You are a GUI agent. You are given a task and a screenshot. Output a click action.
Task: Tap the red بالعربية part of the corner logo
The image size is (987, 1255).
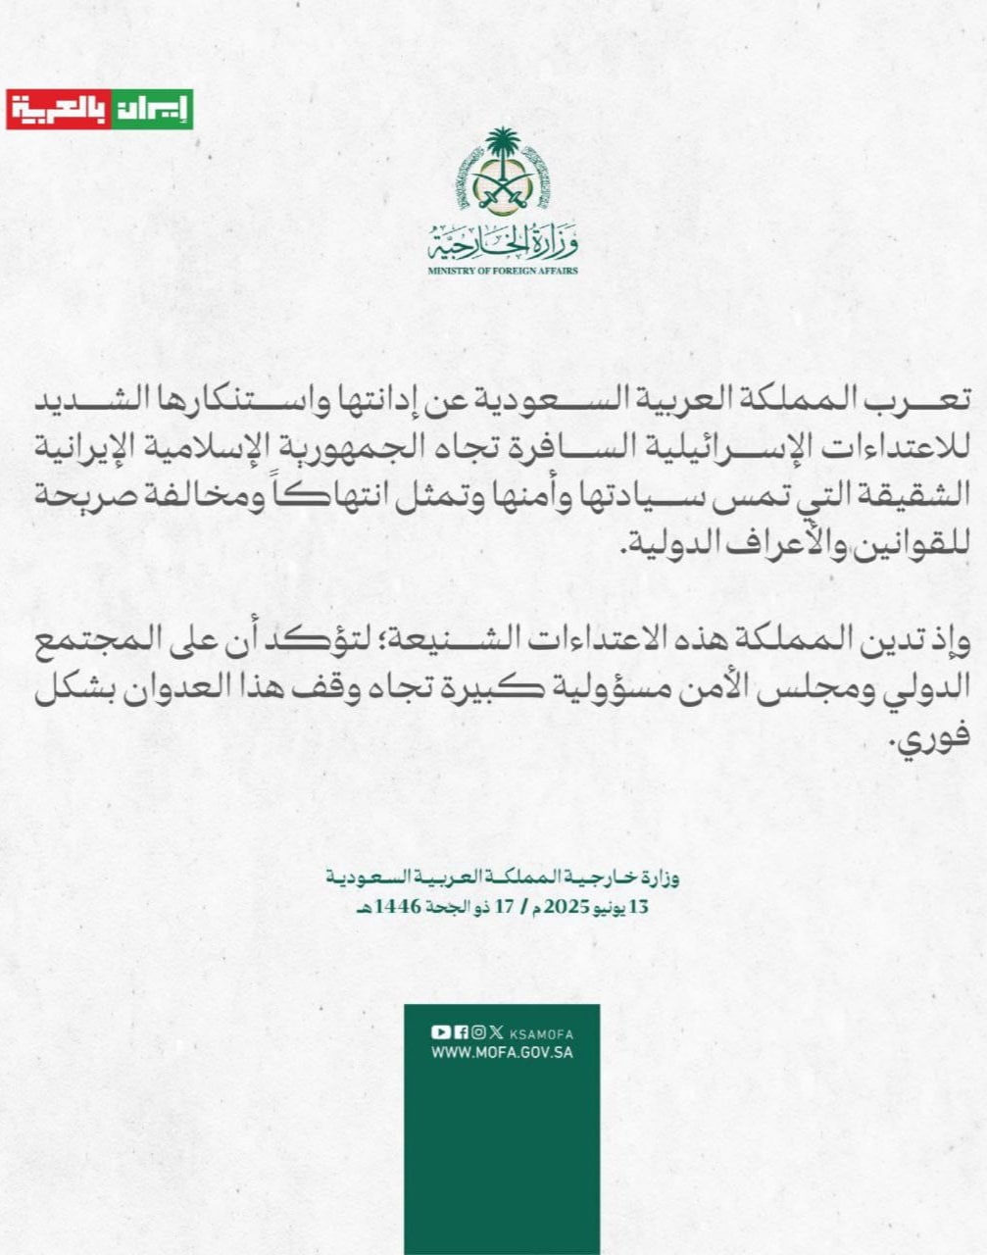(x=58, y=110)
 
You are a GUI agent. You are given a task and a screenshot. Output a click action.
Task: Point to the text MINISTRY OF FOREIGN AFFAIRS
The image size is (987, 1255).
(x=503, y=270)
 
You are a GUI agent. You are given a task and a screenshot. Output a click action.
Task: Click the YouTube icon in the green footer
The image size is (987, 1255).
(x=440, y=1032)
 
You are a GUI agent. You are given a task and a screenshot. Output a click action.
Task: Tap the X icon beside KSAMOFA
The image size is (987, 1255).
(x=497, y=1032)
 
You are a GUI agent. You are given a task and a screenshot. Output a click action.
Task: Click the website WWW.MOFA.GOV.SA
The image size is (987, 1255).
(x=502, y=1053)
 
